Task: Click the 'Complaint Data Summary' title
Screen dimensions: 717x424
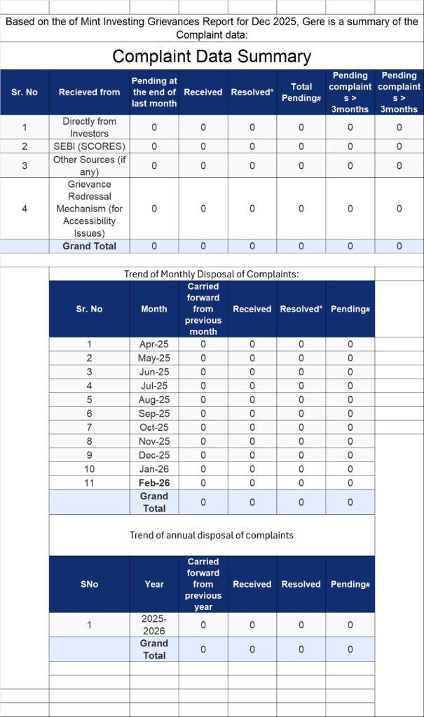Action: [x=212, y=57]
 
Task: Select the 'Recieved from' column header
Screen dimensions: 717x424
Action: [x=90, y=92]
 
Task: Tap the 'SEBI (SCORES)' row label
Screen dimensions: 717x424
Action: [x=90, y=146]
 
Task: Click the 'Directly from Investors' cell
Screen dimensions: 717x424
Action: [x=90, y=127]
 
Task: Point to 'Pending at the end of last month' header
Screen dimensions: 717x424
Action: [x=154, y=92]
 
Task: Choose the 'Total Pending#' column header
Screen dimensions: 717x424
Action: [x=301, y=92]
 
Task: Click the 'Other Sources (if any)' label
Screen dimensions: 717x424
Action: [x=90, y=166]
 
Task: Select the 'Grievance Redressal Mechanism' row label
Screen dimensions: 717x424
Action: [x=90, y=209]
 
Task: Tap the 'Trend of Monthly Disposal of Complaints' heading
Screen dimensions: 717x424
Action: [x=212, y=274]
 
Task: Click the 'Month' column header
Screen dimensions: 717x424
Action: [x=154, y=309]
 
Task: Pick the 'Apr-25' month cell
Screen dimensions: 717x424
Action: [x=154, y=344]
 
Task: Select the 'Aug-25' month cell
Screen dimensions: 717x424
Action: [x=154, y=400]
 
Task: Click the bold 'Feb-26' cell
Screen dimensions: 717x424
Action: [x=154, y=483]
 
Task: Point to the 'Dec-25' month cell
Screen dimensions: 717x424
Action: [x=154, y=455]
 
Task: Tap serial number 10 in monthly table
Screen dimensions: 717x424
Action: [x=90, y=469]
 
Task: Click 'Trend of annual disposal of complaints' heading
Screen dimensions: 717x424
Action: [x=212, y=535]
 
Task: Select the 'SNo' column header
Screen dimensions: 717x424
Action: [x=90, y=584]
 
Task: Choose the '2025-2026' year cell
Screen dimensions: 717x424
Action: [x=154, y=625]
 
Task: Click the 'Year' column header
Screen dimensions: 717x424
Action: [x=154, y=584]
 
